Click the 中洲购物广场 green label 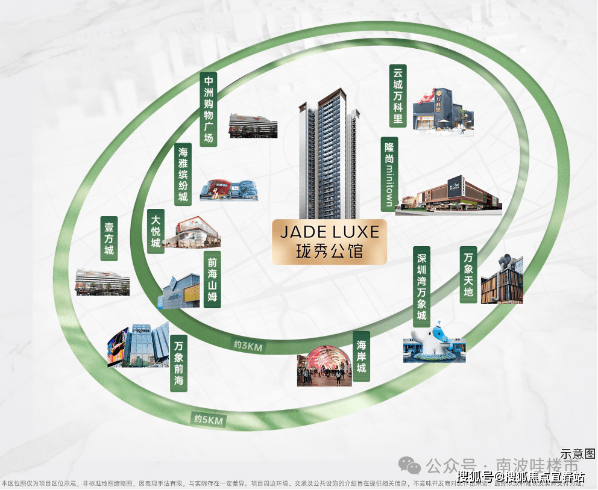click(x=209, y=110)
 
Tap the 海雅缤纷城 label click(x=183, y=175)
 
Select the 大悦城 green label click(x=156, y=231)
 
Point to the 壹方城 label click(x=109, y=238)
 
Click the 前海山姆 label click(x=212, y=280)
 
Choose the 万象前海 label click(x=178, y=363)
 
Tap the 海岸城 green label click(x=361, y=356)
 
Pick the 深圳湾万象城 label click(x=422, y=286)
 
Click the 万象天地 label click(x=468, y=274)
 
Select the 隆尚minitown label click(x=389, y=174)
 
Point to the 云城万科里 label click(x=398, y=95)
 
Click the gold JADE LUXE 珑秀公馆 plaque click(x=329, y=242)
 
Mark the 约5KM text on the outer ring click(x=209, y=420)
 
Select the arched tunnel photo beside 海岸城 click(x=324, y=366)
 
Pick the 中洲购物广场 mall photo click(x=253, y=125)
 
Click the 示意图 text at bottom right click(x=578, y=453)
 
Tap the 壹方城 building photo click(x=102, y=281)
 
